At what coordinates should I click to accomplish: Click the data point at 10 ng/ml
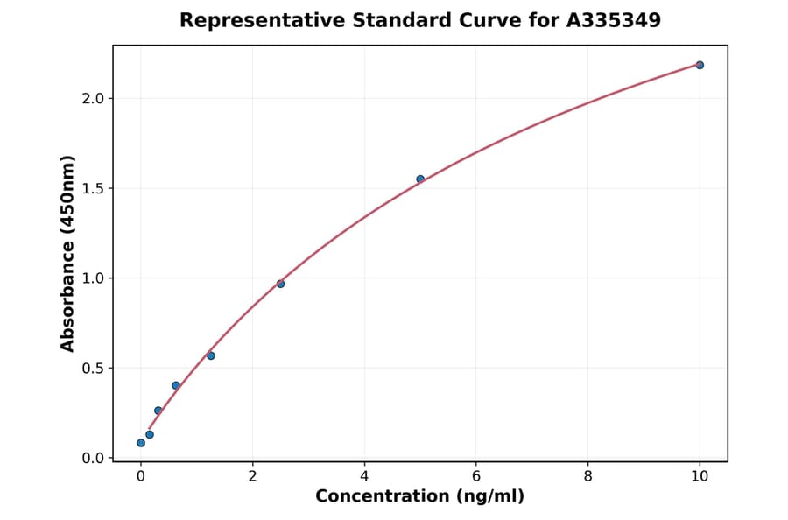click(x=700, y=65)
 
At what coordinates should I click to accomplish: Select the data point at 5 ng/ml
click(x=420, y=179)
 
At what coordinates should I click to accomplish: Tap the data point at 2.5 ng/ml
click(x=280, y=284)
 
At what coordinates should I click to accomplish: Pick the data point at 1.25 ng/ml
click(x=211, y=355)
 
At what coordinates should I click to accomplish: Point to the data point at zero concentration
click(x=141, y=443)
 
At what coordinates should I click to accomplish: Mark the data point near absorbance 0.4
click(x=176, y=385)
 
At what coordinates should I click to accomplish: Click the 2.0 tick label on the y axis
click(x=93, y=98)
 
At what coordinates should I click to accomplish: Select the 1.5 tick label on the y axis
click(x=93, y=188)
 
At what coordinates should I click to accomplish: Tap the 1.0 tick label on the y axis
click(x=93, y=278)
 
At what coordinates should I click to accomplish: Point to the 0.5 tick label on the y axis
click(x=93, y=369)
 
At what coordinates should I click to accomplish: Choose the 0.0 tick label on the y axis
click(x=93, y=458)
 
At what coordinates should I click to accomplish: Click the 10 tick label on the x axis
click(x=700, y=476)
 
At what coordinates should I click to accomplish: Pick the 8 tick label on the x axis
click(x=587, y=476)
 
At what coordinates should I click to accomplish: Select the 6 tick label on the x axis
click(x=476, y=476)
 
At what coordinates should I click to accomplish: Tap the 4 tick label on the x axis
click(x=364, y=476)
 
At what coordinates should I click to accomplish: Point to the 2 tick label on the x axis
click(x=253, y=476)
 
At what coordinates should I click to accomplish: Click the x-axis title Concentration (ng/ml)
click(x=419, y=497)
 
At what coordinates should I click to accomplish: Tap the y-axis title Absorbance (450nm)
click(x=68, y=253)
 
